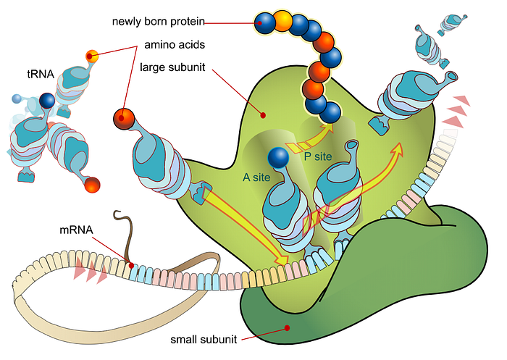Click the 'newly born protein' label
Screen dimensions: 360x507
coord(159,21)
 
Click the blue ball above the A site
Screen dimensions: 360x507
coord(278,157)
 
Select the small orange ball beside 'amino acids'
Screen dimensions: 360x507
coord(91,55)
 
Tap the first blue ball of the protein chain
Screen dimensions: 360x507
coord(264,24)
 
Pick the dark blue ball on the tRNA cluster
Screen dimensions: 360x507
coord(48,101)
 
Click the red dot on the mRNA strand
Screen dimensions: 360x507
coord(131,265)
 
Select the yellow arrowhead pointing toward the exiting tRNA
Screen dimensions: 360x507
coord(396,148)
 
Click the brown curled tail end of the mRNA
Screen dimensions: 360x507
coord(116,215)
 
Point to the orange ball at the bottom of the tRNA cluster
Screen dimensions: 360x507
coord(92,186)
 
